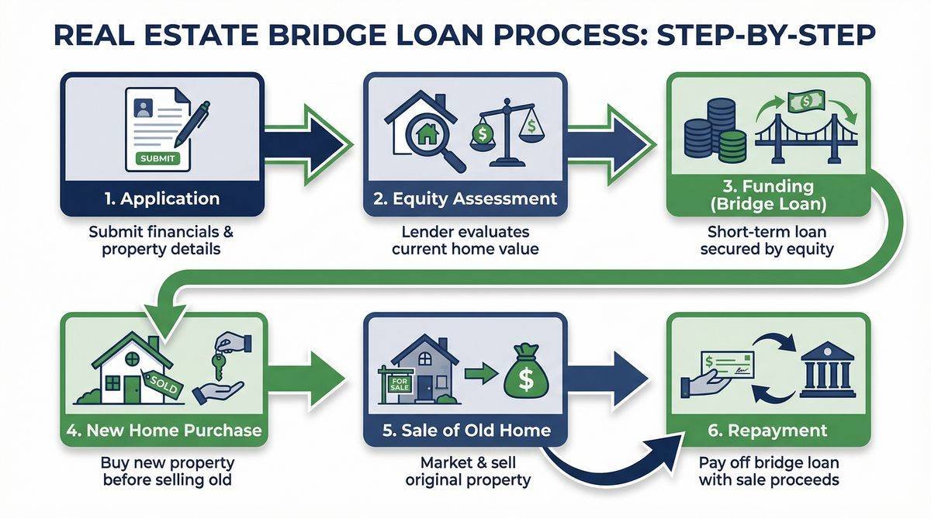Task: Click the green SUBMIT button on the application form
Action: pos(158,158)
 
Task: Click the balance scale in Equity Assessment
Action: pos(508,133)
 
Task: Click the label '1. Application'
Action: pos(162,199)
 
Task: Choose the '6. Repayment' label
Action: pos(768,431)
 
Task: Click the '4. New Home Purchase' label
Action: pos(162,431)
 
